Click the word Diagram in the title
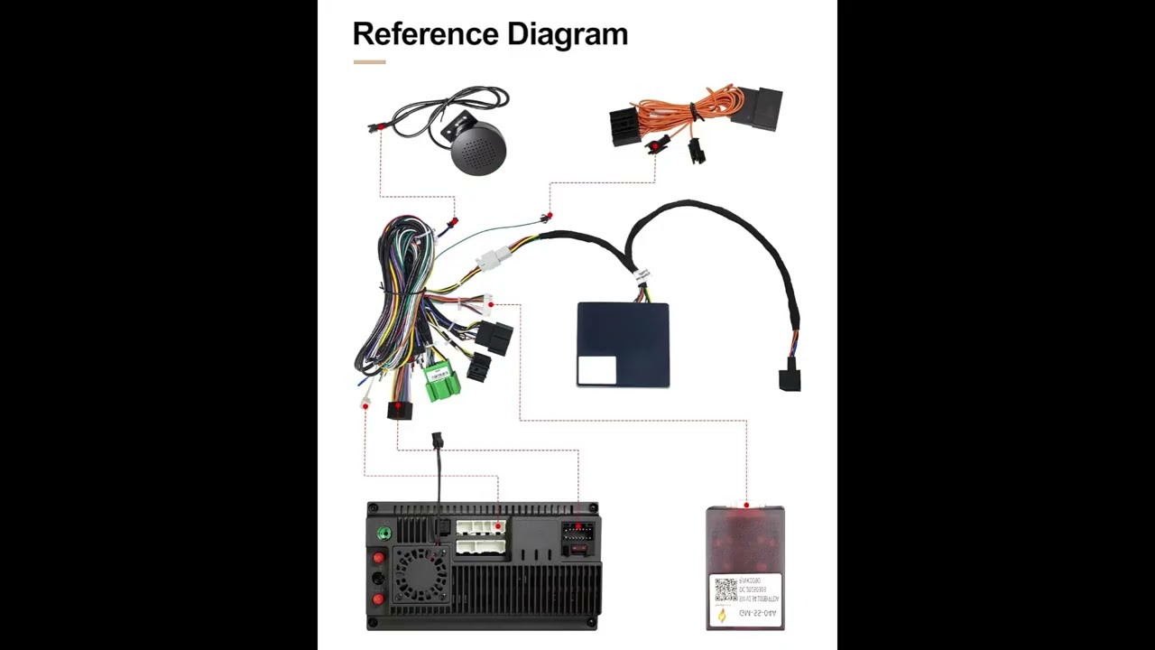pos(568,34)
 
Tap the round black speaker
pos(479,150)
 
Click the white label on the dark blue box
pos(596,370)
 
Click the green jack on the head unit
pos(383,534)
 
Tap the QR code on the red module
pos(726,591)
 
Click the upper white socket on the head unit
pos(480,527)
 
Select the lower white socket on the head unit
pos(480,546)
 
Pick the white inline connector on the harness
pos(492,260)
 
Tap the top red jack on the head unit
pos(379,558)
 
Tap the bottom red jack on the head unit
pos(378,599)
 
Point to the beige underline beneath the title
pos(369,62)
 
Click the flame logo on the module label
pos(722,616)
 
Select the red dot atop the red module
pos(746,505)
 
